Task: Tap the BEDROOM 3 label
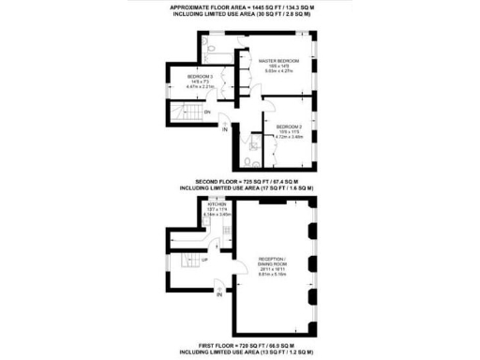click(200, 75)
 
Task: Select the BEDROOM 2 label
click(288, 126)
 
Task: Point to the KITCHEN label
click(217, 202)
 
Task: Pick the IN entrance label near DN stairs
click(224, 130)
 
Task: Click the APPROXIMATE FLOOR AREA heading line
click(239, 7)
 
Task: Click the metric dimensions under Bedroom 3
click(201, 86)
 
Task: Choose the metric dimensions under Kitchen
click(217, 214)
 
